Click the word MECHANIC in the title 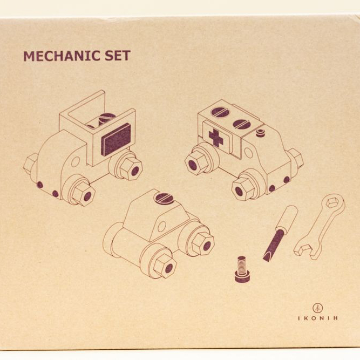point(62,56)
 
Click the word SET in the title point(118,56)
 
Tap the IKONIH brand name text point(318,318)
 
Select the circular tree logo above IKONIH point(318,308)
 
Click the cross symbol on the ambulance point(216,137)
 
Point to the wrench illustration point(320,227)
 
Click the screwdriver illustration point(281,233)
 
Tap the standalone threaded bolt point(242,269)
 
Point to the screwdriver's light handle point(288,218)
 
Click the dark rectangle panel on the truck point(116,139)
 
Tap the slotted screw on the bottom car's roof point(164,198)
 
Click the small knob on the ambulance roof point(260,133)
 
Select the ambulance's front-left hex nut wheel point(196,162)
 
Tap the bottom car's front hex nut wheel point(164,266)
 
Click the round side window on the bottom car point(162,226)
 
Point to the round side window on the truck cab point(76,161)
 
